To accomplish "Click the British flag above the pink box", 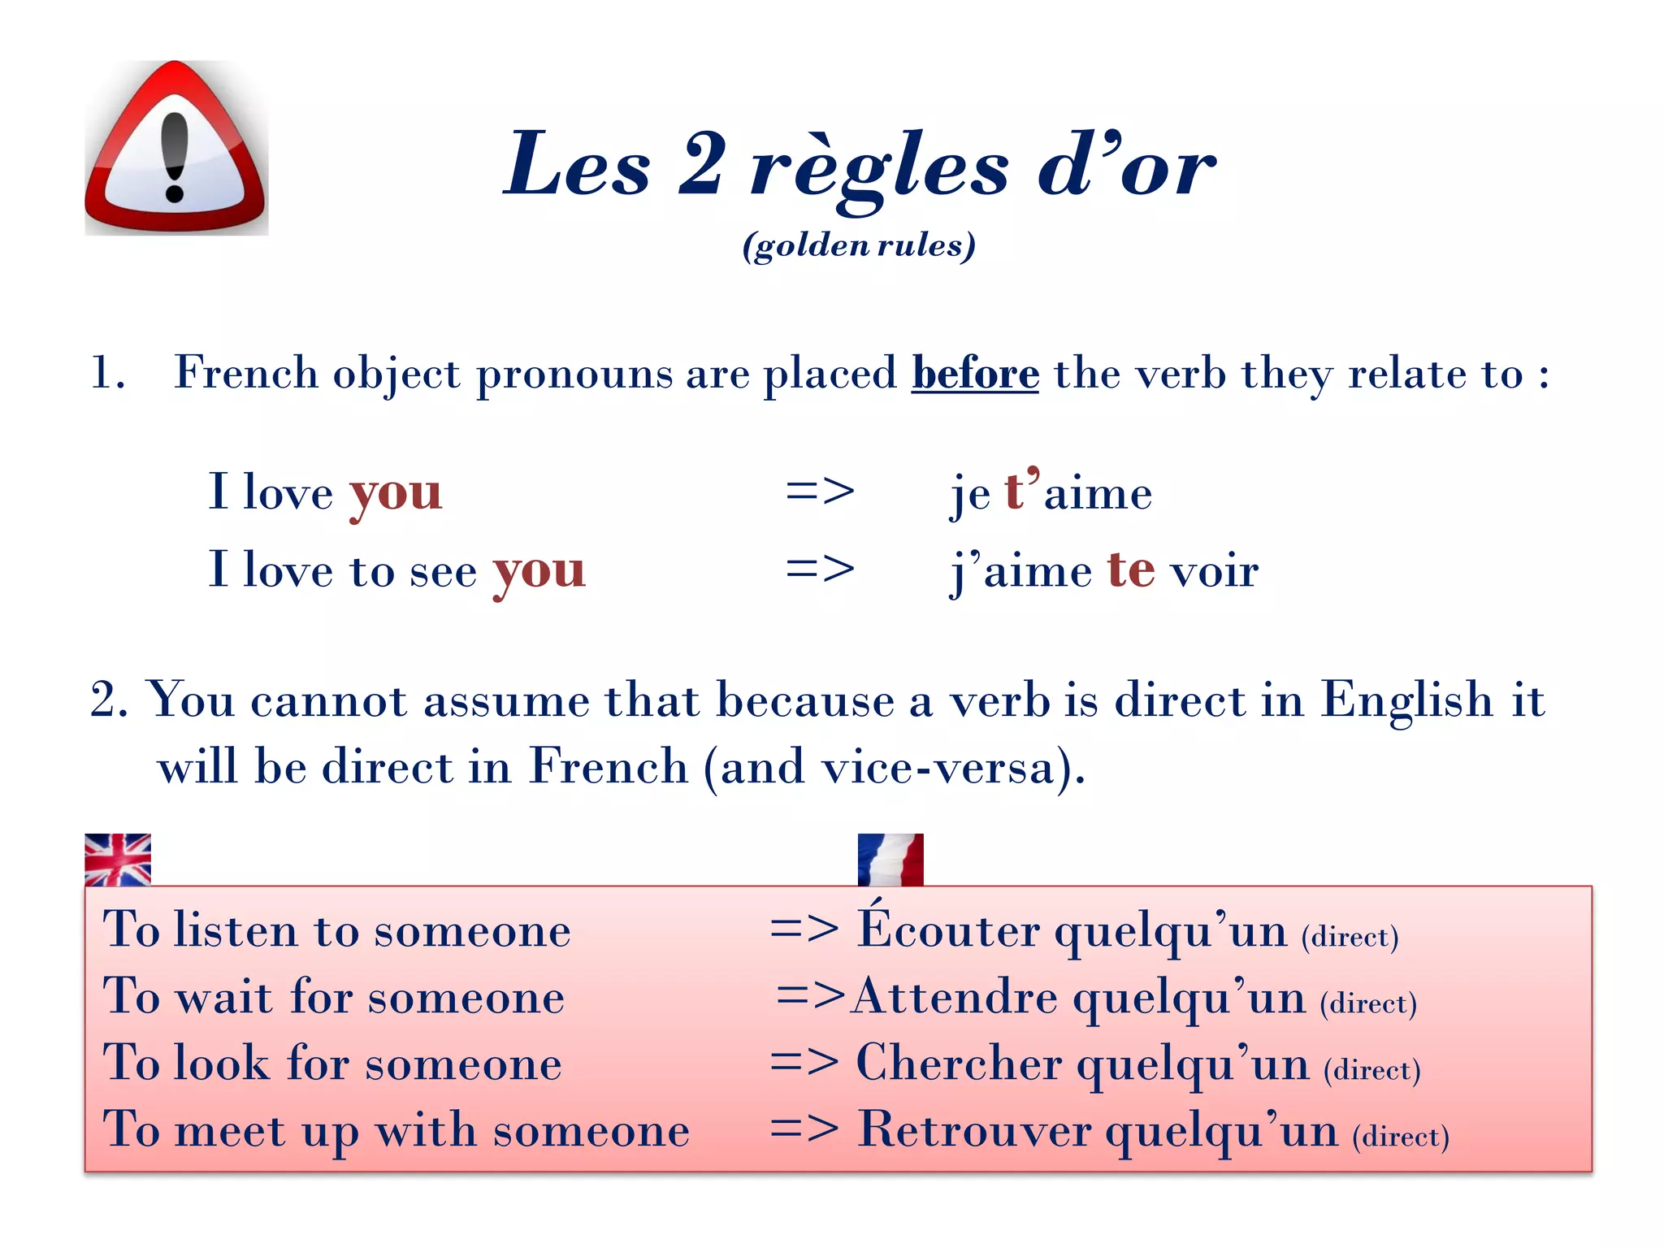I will point(118,859).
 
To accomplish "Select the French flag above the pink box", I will point(890,859).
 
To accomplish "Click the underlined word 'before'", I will point(975,374).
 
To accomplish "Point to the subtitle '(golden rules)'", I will point(859,245).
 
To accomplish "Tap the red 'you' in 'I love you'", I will point(396,494).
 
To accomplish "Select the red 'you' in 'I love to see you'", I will point(539,571).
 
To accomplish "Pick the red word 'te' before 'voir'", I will point(1131,570).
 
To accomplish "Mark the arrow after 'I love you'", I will point(820,492).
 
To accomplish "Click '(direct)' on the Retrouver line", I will point(1401,1136).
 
